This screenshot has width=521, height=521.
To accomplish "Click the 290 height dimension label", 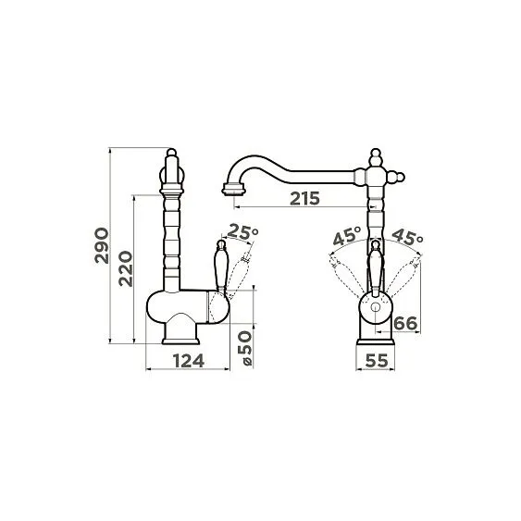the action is click(x=102, y=245).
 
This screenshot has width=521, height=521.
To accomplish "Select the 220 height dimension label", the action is click(x=126, y=268).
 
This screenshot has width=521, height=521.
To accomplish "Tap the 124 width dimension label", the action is click(x=189, y=361).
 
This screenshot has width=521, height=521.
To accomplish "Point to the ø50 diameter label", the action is click(x=247, y=348).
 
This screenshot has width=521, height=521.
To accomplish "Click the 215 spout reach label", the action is click(x=304, y=199).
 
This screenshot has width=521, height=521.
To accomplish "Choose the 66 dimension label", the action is click(x=405, y=323).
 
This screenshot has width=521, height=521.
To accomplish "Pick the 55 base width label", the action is click(x=377, y=361).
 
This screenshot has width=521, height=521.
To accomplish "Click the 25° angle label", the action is click(x=242, y=231).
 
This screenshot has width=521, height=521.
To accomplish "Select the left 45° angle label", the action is click(x=347, y=236).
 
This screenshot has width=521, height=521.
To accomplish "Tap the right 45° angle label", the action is click(x=407, y=237).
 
